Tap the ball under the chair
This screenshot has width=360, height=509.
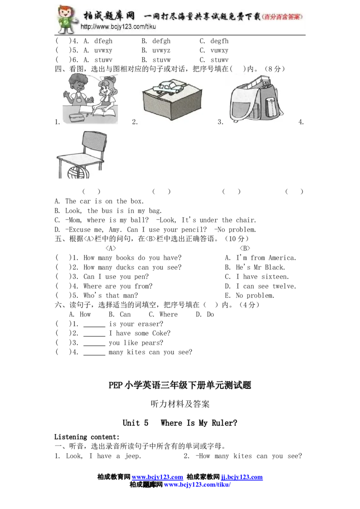[x=78, y=172]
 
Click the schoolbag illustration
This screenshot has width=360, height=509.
[x=256, y=100]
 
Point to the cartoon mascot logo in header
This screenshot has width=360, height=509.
[x=67, y=19]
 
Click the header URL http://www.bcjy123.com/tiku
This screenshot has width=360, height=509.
[x=118, y=27]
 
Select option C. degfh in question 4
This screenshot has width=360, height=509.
[x=214, y=41]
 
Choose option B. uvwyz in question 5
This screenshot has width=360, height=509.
[x=156, y=50]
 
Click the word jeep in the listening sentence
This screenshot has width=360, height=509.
[x=133, y=456]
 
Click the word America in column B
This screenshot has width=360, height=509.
[x=282, y=258]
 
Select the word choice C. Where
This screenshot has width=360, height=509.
[x=163, y=314]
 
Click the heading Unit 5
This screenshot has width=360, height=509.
[x=135, y=423]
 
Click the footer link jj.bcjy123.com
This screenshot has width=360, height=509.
[x=242, y=477]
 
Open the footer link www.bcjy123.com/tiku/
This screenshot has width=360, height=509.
[x=197, y=485]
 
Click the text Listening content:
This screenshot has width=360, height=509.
[x=87, y=437]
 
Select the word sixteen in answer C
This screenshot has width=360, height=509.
[x=275, y=277]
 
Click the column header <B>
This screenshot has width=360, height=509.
[x=245, y=248]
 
